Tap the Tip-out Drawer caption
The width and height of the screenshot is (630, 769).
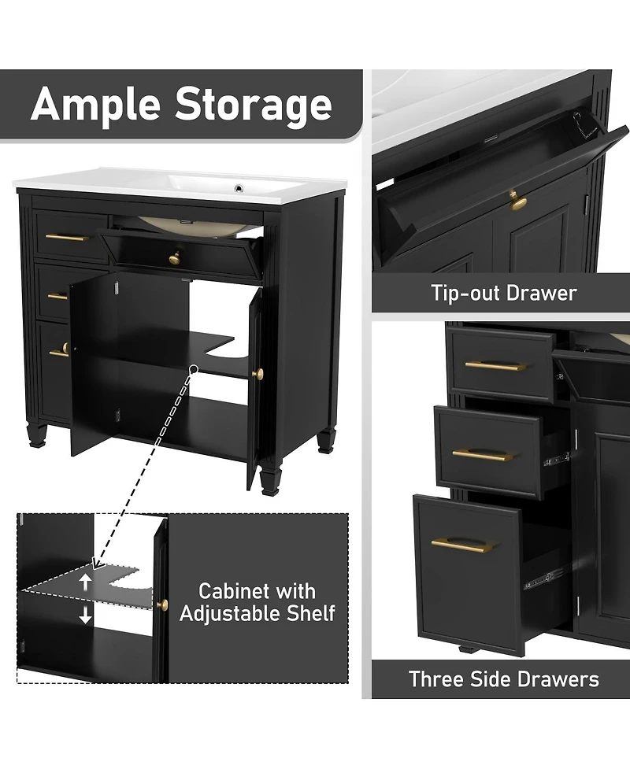pos(503,294)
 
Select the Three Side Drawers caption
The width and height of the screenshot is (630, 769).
pos(503,678)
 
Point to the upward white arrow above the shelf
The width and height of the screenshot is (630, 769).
pos(86,582)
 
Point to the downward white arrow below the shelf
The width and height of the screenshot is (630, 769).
pos(86,616)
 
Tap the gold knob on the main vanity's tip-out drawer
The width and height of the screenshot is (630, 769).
pos(174,257)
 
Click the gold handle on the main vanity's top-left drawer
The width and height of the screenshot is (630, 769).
pos(66,237)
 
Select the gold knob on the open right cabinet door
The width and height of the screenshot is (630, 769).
pos(257,373)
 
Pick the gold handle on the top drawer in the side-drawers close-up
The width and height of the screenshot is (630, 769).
pos(495,365)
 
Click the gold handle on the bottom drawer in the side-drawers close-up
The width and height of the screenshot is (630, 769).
pos(461,545)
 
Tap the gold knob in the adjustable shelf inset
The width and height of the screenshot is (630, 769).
pos(162,604)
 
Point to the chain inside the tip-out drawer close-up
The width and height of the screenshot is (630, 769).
pos(580,123)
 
